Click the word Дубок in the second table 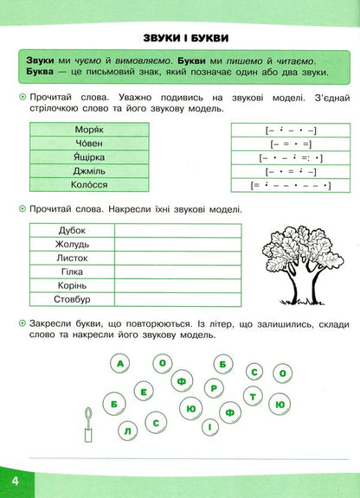72,231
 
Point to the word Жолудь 72,245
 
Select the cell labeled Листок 72,259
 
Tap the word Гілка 72,272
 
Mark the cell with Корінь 72,286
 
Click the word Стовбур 72,300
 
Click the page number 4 15,481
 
